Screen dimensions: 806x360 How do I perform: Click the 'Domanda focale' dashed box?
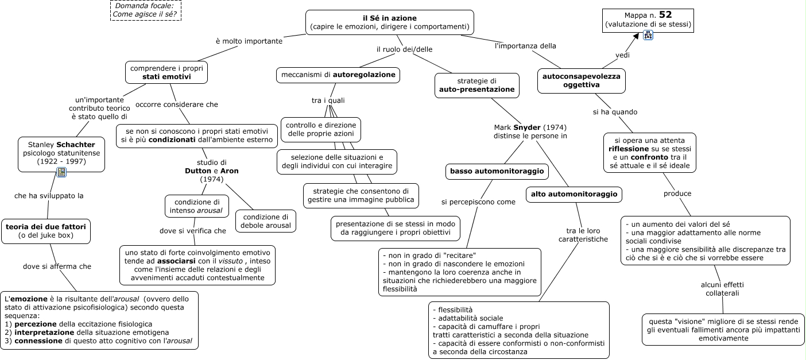[x=146, y=10]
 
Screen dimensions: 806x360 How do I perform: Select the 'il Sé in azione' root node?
[x=390, y=22]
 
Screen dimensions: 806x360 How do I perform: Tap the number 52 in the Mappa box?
[x=665, y=15]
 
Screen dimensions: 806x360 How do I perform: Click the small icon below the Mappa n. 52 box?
[x=648, y=35]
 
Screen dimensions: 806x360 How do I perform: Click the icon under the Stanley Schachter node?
[x=61, y=172]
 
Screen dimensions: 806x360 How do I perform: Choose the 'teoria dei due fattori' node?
[x=46, y=231]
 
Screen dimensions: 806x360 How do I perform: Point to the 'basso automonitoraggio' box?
[x=497, y=171]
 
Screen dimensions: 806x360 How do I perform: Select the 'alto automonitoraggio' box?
[x=574, y=195]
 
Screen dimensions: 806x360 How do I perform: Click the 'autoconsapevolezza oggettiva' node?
[x=582, y=80]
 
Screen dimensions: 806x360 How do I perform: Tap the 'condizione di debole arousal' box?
[x=266, y=221]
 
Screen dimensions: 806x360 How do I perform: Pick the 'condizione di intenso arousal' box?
[x=197, y=206]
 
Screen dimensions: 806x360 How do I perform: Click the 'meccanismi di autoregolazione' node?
[x=338, y=75]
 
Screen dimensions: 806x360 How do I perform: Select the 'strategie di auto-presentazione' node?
[x=476, y=86]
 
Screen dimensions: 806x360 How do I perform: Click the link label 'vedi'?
[x=622, y=55]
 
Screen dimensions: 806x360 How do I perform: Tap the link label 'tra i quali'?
[x=328, y=100]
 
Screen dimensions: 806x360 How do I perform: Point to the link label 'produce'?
[x=677, y=193]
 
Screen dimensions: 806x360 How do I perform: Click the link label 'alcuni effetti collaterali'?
[x=722, y=289]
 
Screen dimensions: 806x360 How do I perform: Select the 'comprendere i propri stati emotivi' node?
[x=166, y=72]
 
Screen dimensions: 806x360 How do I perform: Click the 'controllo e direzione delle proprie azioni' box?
[x=320, y=130]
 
